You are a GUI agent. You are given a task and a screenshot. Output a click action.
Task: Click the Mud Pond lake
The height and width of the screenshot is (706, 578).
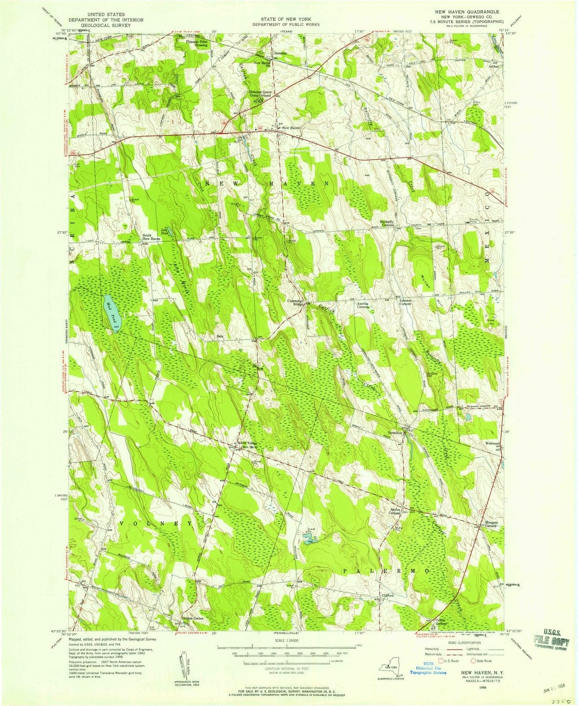coord(111,314)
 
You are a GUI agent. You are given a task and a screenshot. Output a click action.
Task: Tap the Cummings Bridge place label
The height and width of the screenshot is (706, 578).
coord(296,303)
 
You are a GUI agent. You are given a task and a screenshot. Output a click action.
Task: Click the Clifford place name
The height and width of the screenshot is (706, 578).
coord(388,595)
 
